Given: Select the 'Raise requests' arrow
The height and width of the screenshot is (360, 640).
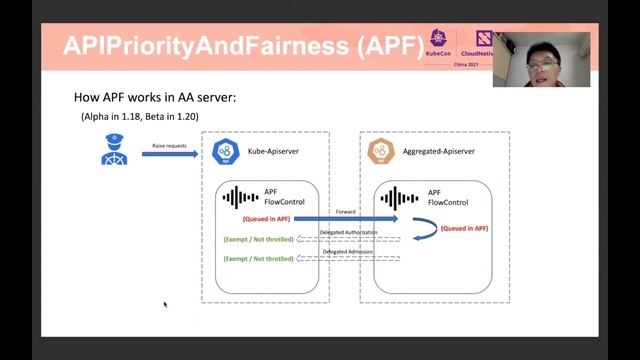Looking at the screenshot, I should [x=169, y=153].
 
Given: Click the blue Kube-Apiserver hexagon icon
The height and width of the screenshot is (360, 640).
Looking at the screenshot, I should [x=225, y=152].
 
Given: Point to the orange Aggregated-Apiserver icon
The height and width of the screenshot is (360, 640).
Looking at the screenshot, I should [x=381, y=152].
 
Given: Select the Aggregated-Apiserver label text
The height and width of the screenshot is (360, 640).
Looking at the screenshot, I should [x=438, y=151].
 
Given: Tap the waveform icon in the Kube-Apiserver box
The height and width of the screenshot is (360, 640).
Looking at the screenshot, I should [x=240, y=197].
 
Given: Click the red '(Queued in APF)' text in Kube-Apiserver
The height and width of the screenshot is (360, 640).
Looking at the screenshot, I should [x=267, y=218].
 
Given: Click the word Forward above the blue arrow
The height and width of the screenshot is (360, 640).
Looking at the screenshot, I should [x=345, y=211].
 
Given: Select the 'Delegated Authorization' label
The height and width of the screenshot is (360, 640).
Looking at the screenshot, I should [x=349, y=233].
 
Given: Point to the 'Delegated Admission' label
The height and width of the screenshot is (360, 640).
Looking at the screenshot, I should [x=344, y=252].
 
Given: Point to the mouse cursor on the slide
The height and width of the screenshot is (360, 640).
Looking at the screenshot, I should [x=165, y=304].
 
